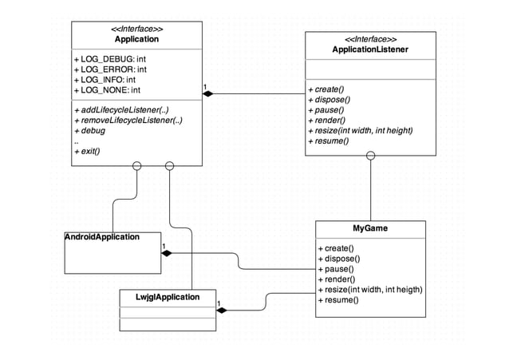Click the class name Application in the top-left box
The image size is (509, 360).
[x=136, y=39]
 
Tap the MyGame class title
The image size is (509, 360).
[x=370, y=228]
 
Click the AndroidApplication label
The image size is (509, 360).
[x=102, y=237]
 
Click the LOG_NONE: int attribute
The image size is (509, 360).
[x=107, y=90]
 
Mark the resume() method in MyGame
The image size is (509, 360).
[x=338, y=300]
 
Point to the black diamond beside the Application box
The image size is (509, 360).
[x=208, y=94]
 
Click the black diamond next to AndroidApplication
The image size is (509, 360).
[x=168, y=253]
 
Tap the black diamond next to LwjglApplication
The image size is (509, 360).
[x=223, y=310]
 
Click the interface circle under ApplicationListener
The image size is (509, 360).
[x=371, y=156]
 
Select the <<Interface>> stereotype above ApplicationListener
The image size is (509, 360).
[x=370, y=39]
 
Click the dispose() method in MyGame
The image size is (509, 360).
[x=339, y=259]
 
